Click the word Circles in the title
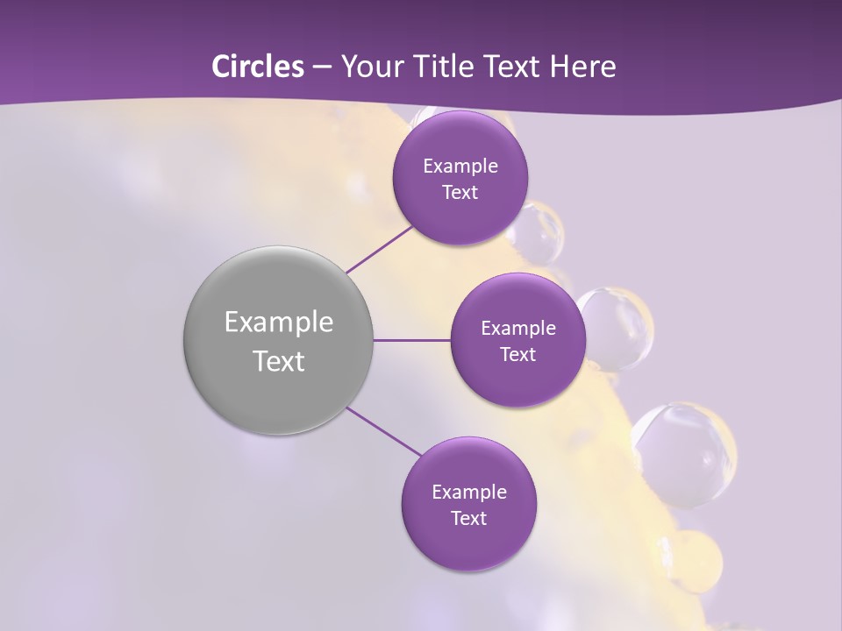[257, 67]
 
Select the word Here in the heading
[584, 67]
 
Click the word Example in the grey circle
[279, 323]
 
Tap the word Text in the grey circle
[279, 361]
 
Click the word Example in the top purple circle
[460, 167]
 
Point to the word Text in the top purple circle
[460, 193]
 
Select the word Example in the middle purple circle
[518, 329]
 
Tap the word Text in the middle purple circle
[518, 355]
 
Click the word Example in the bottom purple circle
[469, 493]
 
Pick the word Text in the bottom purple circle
[469, 519]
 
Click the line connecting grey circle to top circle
[380, 249]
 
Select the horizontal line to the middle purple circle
[412, 340]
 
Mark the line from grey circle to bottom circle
[384, 432]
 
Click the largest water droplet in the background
[682, 454]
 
